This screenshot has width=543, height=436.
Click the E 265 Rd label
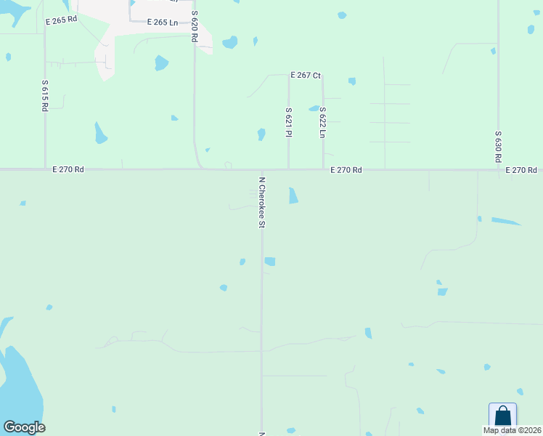pyautogui.click(x=61, y=20)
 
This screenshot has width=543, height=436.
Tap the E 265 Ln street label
pyautogui.click(x=163, y=23)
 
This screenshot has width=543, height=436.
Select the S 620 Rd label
pyautogui.click(x=195, y=26)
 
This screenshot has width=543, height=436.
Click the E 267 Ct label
pyautogui.click(x=306, y=75)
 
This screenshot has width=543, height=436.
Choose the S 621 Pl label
pyautogui.click(x=288, y=122)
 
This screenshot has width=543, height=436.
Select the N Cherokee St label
pyautogui.click(x=262, y=202)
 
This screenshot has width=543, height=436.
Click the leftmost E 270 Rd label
pyautogui.click(x=68, y=169)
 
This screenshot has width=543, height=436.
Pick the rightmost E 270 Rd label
pyautogui.click(x=521, y=169)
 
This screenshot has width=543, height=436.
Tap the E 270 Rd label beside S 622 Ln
pyautogui.click(x=346, y=169)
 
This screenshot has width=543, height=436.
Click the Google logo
pyautogui.click(x=24, y=427)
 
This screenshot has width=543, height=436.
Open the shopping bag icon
pyautogui.click(x=502, y=416)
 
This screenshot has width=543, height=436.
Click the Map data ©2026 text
pyautogui.click(x=512, y=430)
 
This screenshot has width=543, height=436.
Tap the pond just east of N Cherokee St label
pyautogui.click(x=293, y=195)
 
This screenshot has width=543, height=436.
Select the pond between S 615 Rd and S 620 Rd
pyautogui.click(x=100, y=133)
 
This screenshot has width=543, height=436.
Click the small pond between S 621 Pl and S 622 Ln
pyautogui.click(x=314, y=109)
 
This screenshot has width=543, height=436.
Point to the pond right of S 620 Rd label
pyautogui.click(x=229, y=42)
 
